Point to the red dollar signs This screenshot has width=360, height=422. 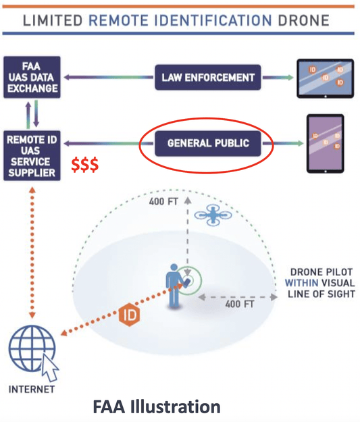[x=86, y=165]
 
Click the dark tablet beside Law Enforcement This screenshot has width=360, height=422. [x=325, y=78]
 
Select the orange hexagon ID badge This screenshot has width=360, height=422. [x=128, y=315]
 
